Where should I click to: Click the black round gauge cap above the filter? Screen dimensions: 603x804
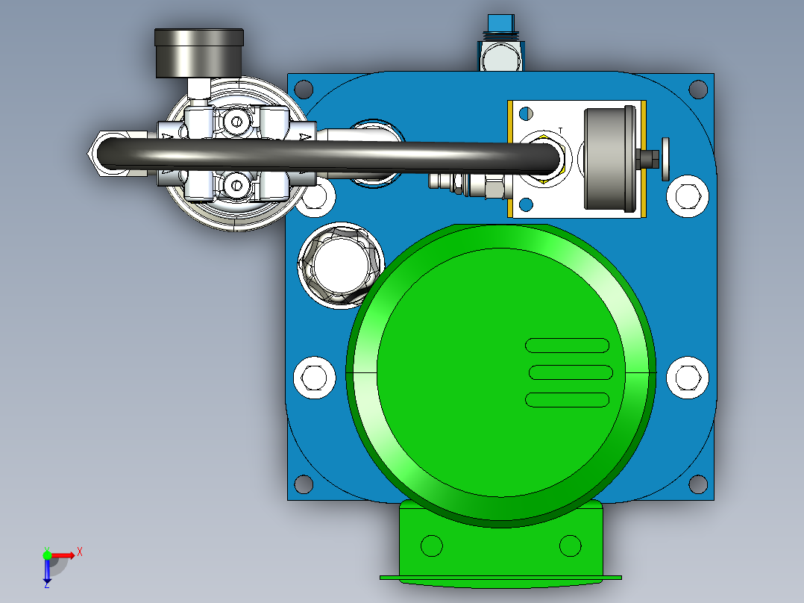coord(198,52)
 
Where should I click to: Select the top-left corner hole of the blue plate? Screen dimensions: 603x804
coord(303,90)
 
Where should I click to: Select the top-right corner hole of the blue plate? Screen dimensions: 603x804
coord(698,90)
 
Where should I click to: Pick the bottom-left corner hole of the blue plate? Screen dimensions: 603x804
coord(304,484)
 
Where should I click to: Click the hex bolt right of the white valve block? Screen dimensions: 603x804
coord(685,195)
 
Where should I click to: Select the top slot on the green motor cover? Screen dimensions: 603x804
coord(567,346)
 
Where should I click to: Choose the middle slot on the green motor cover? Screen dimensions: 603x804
coord(570,372)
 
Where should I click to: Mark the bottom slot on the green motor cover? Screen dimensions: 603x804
coord(567,399)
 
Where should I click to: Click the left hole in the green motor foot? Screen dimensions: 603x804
coord(431,546)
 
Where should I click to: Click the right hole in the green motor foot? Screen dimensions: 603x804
coord(570,546)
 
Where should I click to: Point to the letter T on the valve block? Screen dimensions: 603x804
coord(560,131)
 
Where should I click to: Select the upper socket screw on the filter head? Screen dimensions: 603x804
coord(237,120)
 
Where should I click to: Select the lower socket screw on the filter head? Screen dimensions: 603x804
coord(237,183)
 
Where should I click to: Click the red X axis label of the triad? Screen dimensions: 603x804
coord(79,552)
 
